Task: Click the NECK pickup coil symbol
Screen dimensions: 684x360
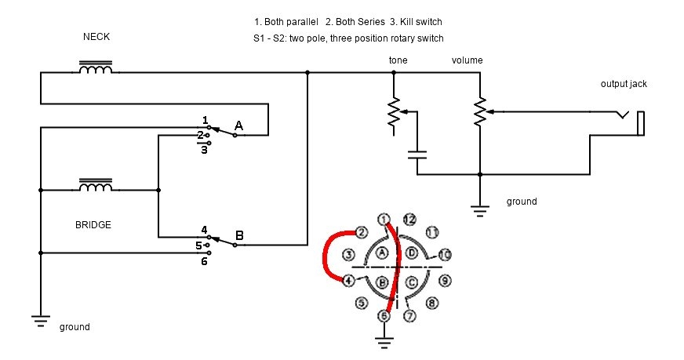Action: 96,67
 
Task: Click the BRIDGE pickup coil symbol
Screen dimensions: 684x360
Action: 96,185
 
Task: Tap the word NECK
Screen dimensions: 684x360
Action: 96,37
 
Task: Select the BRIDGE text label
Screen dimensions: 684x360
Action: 93,225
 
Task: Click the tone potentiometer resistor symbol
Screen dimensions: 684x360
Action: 394,112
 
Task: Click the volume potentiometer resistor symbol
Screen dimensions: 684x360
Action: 480,112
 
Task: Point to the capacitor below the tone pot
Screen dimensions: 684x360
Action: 417,155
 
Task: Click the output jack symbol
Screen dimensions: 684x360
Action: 631,122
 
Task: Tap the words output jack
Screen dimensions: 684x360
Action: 624,84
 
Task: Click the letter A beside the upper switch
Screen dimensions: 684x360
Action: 238,125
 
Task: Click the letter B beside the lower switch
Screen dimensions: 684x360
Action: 239,235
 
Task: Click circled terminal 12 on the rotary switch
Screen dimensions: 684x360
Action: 409,219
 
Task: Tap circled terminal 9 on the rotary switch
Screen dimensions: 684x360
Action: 445,281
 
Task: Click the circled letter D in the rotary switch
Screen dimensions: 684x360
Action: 412,253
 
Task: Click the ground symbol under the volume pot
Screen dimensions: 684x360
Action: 480,211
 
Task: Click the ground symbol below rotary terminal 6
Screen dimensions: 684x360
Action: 384,343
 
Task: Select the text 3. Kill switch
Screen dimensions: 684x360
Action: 416,22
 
